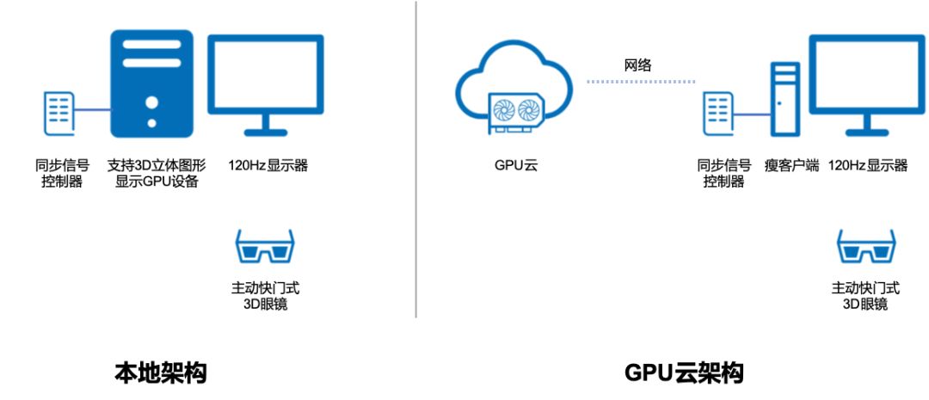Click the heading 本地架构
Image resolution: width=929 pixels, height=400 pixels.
(161, 373)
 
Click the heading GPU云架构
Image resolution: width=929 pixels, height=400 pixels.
(684, 373)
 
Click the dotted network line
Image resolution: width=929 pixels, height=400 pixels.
(641, 83)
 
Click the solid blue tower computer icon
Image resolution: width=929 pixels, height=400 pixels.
(152, 83)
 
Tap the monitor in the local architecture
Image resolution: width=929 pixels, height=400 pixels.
(266, 82)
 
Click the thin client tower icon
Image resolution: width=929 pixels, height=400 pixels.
(784, 99)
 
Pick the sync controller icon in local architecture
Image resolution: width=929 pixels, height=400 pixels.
(59, 111)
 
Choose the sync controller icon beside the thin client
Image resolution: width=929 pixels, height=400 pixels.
(719, 111)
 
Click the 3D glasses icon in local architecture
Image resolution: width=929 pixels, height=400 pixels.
(265, 248)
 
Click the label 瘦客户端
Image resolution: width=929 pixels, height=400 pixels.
(792, 165)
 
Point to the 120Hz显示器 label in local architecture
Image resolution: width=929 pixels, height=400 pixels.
(268, 165)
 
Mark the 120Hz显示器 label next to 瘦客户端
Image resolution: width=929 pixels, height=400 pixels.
(867, 165)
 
